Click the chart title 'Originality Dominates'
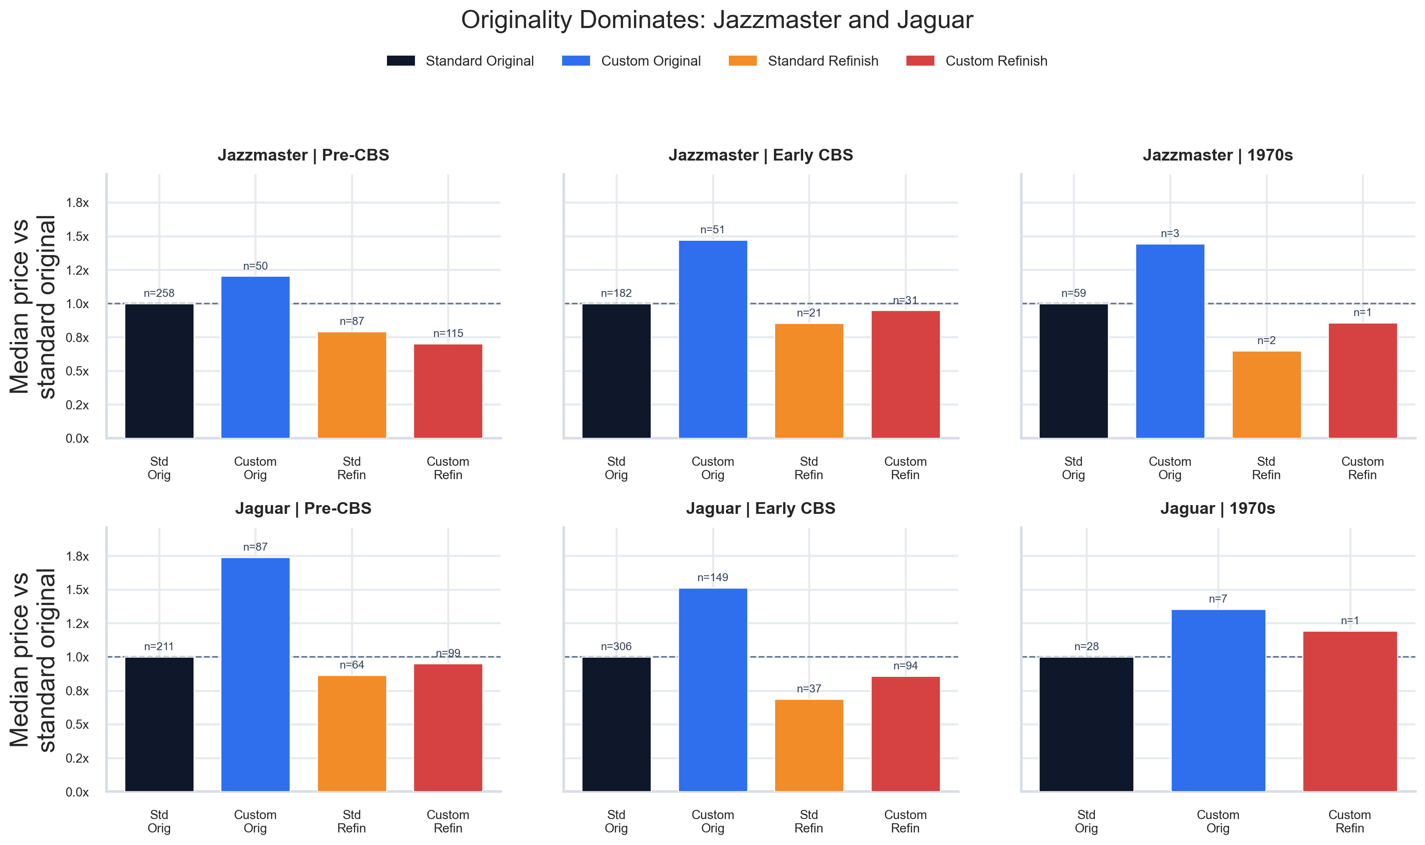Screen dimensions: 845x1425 pos(717,20)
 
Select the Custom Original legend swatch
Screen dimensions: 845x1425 pos(575,61)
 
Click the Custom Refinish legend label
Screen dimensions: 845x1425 pos(996,61)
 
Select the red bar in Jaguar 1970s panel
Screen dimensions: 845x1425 pos(1350,711)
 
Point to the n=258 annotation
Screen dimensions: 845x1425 pos(159,293)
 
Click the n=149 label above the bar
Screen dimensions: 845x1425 pos(712,577)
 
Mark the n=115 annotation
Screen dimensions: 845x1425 pos(448,333)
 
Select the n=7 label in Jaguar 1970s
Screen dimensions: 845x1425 pos(1218,599)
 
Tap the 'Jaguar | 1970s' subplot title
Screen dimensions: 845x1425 pos(1217,508)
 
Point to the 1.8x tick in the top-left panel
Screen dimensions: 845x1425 pos(77,203)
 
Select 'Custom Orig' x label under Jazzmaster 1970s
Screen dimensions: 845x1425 pos(1170,468)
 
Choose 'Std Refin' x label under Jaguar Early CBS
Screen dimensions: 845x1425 pos(809,821)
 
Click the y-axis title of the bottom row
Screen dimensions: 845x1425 pos(33,659)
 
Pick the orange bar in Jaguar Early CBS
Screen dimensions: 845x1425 pos(809,745)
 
